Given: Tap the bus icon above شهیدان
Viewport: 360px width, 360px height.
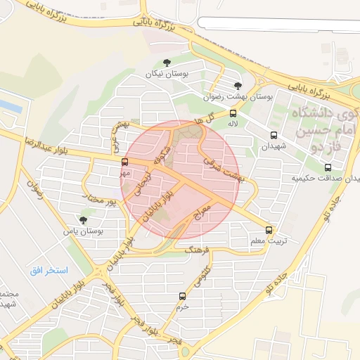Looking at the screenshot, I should (274, 135).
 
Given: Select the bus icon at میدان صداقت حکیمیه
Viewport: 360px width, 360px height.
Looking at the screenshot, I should (328, 167).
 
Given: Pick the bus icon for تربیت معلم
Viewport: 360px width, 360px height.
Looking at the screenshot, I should (269, 230).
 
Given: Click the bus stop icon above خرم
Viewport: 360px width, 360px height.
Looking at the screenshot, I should (183, 296).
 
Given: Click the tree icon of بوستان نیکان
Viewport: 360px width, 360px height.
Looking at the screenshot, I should (166, 63).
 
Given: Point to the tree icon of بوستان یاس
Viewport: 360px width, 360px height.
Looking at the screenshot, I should (83, 220).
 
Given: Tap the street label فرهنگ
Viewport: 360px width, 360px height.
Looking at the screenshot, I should (198, 249).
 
